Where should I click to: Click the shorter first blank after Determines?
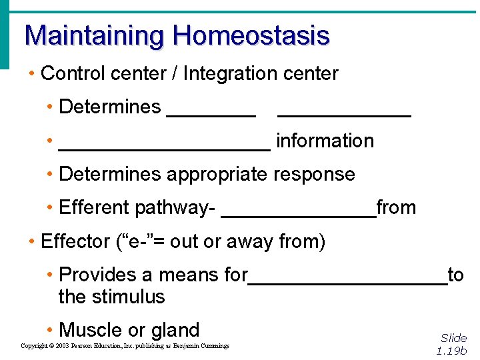(211, 113)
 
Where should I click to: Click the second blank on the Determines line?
(343, 113)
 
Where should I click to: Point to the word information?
(325, 141)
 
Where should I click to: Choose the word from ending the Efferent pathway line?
(396, 208)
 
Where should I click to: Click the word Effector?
(75, 241)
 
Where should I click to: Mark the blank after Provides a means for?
(347, 281)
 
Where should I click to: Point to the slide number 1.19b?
(451, 351)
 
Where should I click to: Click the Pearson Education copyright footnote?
(125, 346)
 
